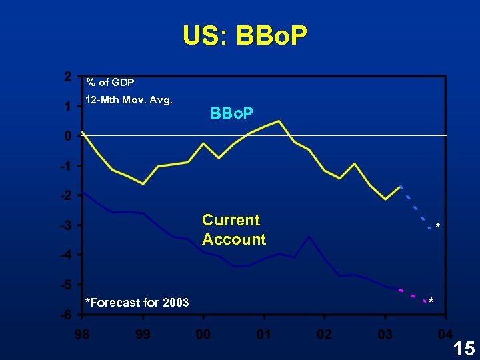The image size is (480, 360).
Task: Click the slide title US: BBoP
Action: click(245, 36)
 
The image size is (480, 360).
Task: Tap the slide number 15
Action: click(463, 347)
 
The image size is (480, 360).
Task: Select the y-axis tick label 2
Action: click(68, 76)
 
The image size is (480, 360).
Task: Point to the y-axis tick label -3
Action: click(65, 225)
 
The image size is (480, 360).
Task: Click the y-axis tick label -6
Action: click(65, 315)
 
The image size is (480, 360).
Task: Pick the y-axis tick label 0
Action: click(68, 136)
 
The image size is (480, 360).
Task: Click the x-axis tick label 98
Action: click(82, 333)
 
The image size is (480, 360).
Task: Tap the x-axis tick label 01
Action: click(263, 333)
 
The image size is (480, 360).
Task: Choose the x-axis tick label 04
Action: click(445, 333)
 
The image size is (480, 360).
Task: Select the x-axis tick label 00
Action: click(203, 333)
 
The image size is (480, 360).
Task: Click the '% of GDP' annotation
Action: click(110, 83)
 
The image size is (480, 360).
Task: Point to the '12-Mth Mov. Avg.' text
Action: click(129, 101)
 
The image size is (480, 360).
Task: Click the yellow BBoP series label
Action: click(231, 114)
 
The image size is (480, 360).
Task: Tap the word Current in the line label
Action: click(231, 220)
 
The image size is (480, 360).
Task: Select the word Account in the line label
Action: click(233, 239)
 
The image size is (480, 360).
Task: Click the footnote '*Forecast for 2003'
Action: click(137, 303)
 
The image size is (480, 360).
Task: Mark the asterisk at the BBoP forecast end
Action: click(437, 228)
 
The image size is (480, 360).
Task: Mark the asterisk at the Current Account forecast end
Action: click(431, 301)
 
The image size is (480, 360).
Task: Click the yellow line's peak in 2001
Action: click(279, 121)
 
